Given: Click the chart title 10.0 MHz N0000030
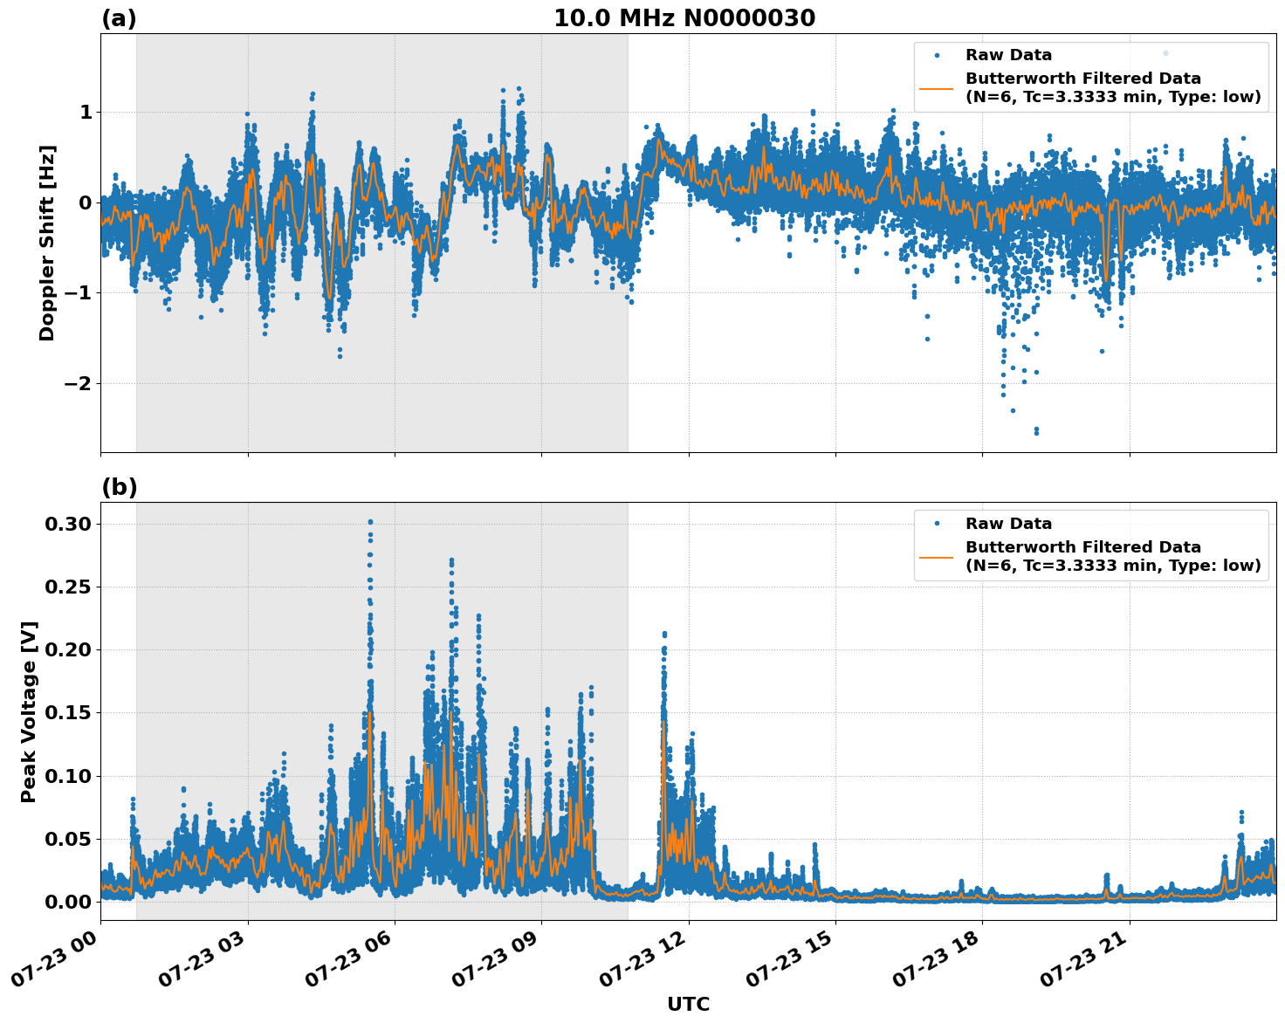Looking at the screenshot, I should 684,18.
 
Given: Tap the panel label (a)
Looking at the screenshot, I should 119,18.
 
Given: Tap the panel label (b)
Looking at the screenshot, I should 119,487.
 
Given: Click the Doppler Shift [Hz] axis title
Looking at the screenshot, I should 47,243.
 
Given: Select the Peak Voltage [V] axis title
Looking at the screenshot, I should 29,711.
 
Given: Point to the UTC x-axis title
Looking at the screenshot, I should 688,1004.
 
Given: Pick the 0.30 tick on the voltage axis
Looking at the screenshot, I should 67,524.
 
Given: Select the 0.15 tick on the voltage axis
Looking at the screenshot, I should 67,712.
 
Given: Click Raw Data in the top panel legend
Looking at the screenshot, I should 1008,55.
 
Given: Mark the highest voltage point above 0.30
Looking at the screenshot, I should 370,522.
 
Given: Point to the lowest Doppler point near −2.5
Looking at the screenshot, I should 1036,432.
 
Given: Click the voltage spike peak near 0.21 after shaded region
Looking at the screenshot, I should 664,634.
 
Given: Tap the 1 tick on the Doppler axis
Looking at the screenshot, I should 86,112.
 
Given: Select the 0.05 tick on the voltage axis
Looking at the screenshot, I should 67,839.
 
